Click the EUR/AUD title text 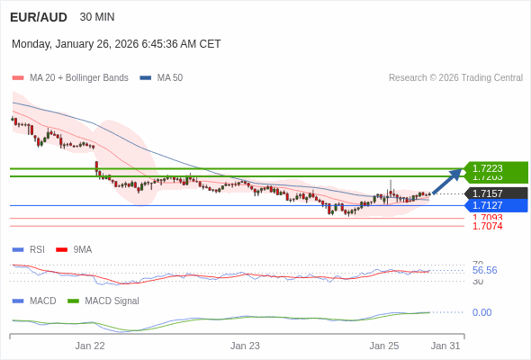pyautogui.click(x=38, y=17)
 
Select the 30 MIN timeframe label pyautogui.click(x=97, y=17)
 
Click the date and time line pyautogui.click(x=116, y=44)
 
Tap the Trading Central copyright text pyautogui.click(x=455, y=78)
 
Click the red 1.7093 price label pyautogui.click(x=487, y=218)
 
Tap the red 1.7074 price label pyautogui.click(x=487, y=226)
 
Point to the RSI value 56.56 pyautogui.click(x=484, y=270)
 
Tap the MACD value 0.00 pyautogui.click(x=481, y=312)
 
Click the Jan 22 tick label pyautogui.click(x=90, y=346)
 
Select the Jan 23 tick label pyautogui.click(x=245, y=346)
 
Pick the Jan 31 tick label pyautogui.click(x=445, y=346)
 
